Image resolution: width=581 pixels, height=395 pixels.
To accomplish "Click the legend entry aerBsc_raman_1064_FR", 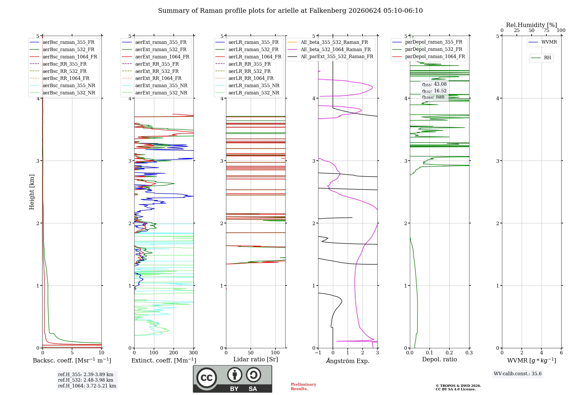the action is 63,57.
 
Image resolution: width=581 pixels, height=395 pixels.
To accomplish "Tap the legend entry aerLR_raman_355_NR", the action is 248,86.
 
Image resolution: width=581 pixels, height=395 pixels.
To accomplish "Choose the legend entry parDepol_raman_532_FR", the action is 427,49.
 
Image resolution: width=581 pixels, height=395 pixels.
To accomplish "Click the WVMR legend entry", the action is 543,42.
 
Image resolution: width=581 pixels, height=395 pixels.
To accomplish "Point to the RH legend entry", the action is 541,58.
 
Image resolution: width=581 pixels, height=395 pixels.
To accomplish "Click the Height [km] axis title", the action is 32,192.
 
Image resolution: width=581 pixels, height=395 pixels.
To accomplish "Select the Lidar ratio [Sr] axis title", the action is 256,359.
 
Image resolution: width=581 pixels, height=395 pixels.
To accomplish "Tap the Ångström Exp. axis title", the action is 348,361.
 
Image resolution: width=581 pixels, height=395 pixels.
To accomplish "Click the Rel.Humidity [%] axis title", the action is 532,25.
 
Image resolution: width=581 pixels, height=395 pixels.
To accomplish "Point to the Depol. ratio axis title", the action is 440,359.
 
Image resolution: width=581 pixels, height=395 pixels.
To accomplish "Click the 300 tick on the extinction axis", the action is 193,353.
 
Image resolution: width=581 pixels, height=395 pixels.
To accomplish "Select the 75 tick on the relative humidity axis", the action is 546,30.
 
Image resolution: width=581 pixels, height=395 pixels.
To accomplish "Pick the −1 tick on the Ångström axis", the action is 318,353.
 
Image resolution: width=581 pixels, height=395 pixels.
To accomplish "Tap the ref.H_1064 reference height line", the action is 87,386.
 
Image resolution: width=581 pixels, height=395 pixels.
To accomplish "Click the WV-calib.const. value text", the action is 518,374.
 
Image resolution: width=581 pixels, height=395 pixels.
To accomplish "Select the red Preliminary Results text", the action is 304,387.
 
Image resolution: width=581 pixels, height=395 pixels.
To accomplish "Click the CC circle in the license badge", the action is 207,378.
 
